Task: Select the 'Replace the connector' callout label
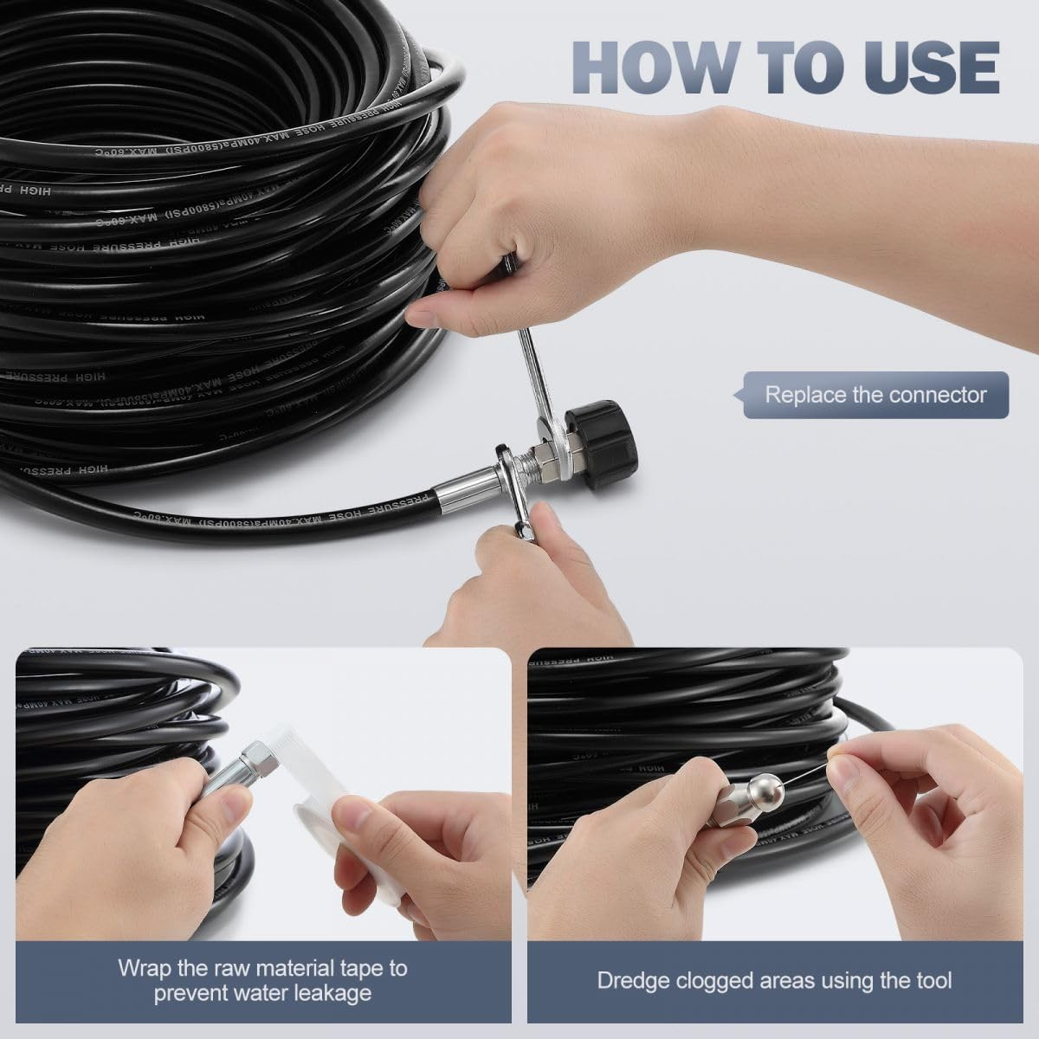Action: coord(874,396)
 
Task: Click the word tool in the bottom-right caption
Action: coord(933,980)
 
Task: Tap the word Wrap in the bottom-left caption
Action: coord(139,967)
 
